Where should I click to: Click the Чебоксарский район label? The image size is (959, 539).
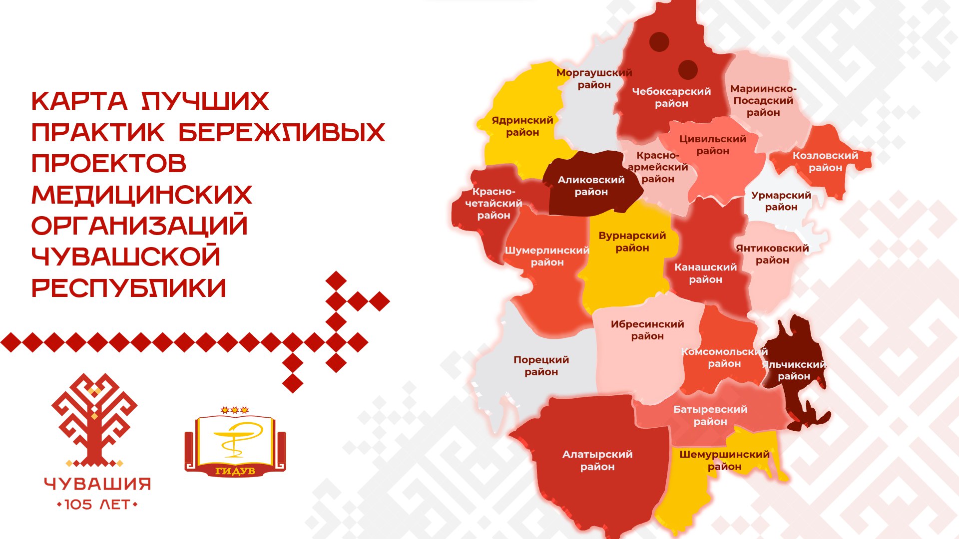[671, 98]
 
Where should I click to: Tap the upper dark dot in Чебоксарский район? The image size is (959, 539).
[659, 42]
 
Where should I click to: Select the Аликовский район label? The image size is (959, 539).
[591, 186]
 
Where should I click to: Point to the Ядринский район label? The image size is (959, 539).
[522, 126]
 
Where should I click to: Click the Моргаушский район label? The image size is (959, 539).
[594, 79]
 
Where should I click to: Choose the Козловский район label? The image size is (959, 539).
[825, 162]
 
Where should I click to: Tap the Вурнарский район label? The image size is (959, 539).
[632, 242]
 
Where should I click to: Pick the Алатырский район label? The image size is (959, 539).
[597, 461]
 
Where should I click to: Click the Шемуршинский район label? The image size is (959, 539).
[724, 461]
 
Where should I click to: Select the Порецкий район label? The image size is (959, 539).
[541, 366]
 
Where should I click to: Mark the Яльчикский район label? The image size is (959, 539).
[794, 370]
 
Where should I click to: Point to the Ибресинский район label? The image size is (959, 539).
[647, 330]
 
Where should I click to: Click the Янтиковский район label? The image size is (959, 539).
[772, 254]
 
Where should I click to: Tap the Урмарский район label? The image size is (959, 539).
[781, 201]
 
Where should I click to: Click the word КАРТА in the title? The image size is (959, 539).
[80, 101]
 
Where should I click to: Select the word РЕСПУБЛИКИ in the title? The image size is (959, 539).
[129, 288]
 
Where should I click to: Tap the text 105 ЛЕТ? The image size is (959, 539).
[97, 505]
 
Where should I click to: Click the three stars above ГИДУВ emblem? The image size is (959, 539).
[235, 410]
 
